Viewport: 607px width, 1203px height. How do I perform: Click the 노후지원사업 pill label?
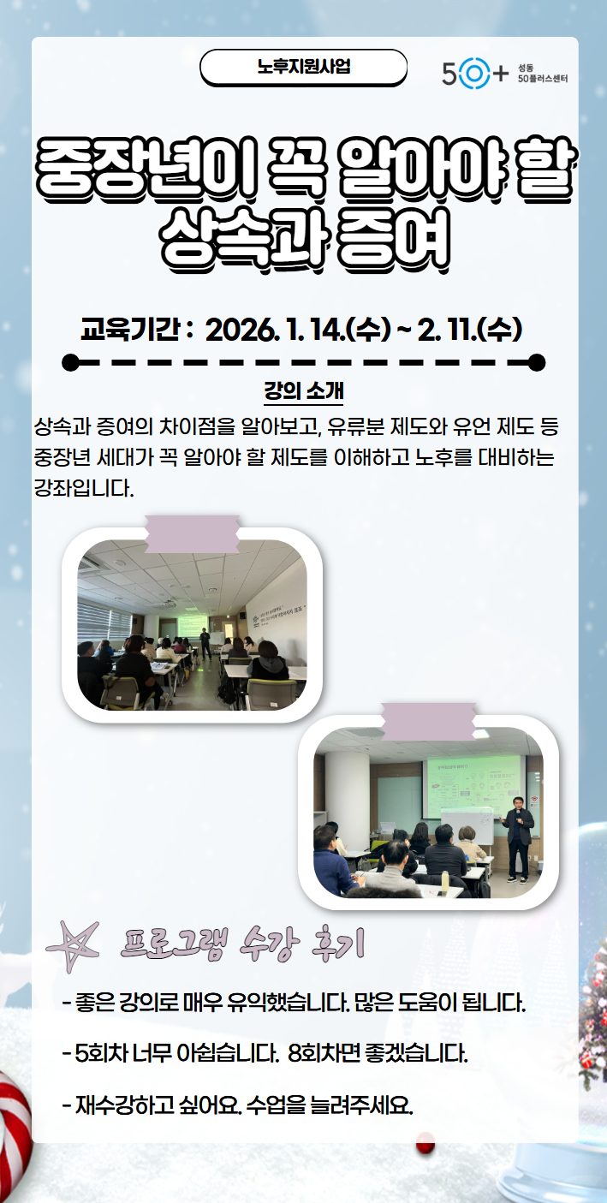click(303, 67)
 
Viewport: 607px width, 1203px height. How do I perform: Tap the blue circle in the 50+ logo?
click(472, 74)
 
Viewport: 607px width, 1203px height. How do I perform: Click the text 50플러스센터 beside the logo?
click(542, 79)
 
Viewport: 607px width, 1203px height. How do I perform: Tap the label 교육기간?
click(129, 329)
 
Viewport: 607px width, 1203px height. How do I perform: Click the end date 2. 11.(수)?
click(469, 330)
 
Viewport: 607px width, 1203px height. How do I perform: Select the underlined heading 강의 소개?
click(303, 390)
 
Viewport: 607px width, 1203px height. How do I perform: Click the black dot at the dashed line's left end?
click(70, 362)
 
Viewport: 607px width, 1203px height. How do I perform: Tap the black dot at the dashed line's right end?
click(537, 362)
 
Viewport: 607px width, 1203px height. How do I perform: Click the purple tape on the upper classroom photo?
click(193, 533)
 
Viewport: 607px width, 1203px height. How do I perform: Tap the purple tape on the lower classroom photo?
click(429, 721)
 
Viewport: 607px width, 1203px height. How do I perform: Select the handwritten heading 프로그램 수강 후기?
click(242, 944)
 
